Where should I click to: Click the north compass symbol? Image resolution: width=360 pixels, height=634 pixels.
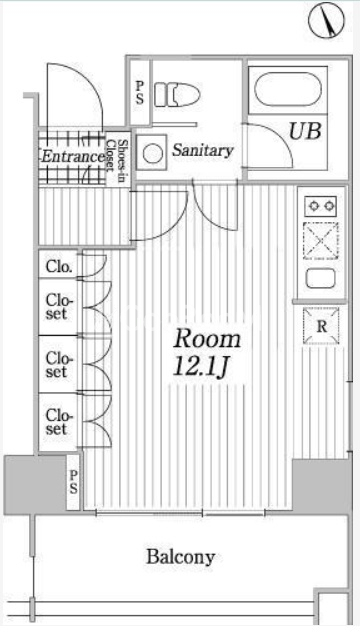point(326,21)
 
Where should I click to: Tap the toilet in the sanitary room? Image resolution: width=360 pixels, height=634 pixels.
point(177,95)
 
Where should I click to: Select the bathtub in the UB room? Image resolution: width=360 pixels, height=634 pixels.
point(289,89)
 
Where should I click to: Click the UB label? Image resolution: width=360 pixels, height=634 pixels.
point(305,131)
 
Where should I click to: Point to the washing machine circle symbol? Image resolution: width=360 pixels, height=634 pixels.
point(152,153)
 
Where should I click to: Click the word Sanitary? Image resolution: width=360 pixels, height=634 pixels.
point(203,150)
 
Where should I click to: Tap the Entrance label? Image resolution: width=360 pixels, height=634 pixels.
point(72,156)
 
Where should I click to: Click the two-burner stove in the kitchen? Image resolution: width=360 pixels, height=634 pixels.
point(320,206)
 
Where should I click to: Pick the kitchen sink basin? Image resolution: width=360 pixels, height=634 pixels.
point(320,279)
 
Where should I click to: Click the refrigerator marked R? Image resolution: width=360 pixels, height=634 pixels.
point(321,326)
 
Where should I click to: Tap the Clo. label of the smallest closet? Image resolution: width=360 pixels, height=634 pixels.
point(59,267)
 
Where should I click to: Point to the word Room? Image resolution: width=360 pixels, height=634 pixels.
point(207,340)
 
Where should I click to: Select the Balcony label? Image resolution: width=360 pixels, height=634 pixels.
point(180,558)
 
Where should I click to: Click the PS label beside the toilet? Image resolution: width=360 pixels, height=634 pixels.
point(140,93)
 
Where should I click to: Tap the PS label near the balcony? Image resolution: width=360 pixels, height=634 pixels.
point(73,482)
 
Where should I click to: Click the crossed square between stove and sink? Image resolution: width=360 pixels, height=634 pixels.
point(320,241)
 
